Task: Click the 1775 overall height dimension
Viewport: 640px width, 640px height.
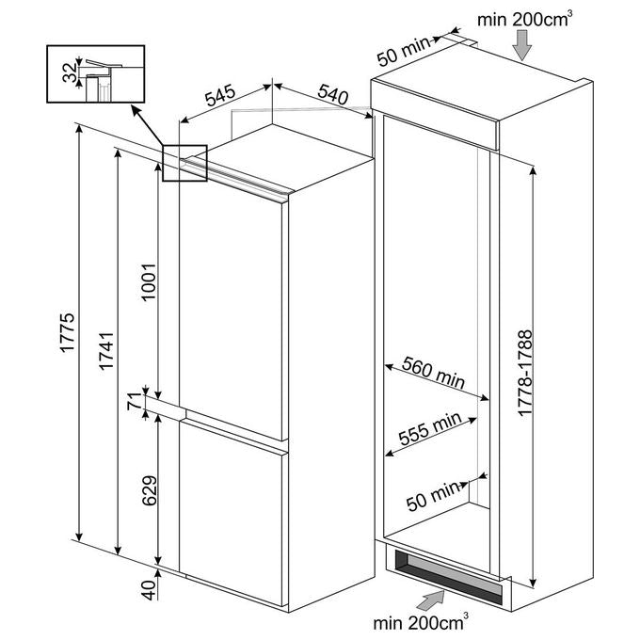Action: tap(67, 332)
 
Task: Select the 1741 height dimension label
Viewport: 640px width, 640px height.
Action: tap(106, 351)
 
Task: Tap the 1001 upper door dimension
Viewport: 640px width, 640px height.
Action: tap(149, 282)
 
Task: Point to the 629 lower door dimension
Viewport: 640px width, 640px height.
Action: tap(150, 490)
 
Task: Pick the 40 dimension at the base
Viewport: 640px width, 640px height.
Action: tap(149, 590)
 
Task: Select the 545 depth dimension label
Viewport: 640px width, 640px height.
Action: tap(220, 95)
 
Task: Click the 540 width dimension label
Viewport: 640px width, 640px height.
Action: tap(333, 94)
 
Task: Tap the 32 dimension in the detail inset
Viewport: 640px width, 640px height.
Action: tap(70, 72)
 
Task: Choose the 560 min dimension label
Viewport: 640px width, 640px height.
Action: tap(434, 373)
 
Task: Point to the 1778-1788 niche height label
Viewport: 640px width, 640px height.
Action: tap(525, 373)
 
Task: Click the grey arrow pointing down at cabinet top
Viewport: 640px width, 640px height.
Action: tap(522, 46)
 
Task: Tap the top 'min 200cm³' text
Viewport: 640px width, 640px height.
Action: tap(525, 19)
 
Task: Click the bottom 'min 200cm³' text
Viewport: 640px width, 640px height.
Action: tap(421, 621)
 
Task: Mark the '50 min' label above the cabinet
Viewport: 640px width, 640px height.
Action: tap(403, 52)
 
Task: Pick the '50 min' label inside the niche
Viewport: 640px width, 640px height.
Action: tap(433, 497)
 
